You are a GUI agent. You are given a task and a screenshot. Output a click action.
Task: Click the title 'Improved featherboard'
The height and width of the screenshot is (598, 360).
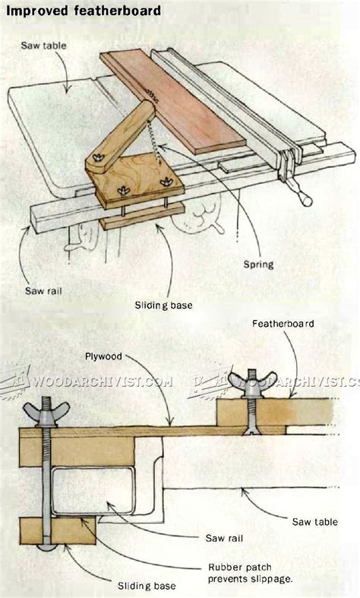tap(84, 11)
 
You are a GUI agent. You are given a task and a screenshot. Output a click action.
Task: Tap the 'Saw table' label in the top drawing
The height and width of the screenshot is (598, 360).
tap(43, 46)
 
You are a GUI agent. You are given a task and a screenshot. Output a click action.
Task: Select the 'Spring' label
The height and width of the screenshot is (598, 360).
tap(258, 264)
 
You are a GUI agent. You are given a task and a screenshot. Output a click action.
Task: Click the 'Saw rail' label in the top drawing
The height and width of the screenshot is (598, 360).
tap(43, 291)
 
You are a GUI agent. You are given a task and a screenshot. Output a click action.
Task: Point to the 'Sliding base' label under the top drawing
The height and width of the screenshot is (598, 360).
tap(163, 305)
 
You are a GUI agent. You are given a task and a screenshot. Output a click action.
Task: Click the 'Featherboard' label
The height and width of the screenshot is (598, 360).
tap(283, 324)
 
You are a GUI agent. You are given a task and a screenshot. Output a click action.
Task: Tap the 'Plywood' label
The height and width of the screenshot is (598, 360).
tap(103, 356)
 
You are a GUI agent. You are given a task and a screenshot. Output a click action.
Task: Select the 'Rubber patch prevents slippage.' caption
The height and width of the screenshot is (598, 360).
tap(250, 573)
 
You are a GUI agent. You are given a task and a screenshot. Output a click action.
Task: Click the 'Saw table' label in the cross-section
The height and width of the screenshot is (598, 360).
tap(314, 522)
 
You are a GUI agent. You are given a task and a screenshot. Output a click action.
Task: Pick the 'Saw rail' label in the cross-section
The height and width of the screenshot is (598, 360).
tap(224, 538)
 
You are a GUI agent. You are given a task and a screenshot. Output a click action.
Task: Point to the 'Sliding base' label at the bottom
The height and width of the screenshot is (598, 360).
tap(147, 586)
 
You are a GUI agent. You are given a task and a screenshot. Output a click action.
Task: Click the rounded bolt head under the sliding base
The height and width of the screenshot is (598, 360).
tap(46, 548)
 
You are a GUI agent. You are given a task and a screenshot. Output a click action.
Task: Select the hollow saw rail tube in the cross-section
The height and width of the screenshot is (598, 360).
tap(93, 491)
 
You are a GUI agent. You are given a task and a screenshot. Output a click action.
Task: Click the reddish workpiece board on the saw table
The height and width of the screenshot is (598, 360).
tap(173, 103)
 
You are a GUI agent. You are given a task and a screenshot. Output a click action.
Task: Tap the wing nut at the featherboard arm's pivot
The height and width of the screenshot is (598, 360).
tap(99, 157)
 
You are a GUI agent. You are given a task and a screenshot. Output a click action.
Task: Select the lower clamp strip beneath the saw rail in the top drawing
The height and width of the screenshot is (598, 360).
tap(142, 217)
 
